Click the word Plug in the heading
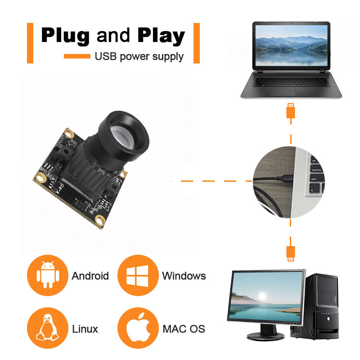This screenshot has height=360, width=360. [x=66, y=36]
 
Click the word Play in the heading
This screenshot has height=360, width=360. [x=161, y=36]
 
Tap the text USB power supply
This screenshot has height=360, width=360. [x=139, y=57]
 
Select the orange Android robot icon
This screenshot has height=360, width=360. [x=47, y=275]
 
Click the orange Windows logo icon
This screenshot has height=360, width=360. [x=137, y=275]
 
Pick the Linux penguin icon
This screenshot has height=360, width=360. [x=47, y=328]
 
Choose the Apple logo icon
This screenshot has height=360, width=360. [x=137, y=328]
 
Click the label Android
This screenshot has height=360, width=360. [x=90, y=276]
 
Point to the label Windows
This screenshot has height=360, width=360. [x=184, y=276]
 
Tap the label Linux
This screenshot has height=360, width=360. [x=85, y=329]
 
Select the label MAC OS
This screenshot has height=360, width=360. [x=184, y=329]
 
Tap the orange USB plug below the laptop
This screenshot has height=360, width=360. [x=291, y=110]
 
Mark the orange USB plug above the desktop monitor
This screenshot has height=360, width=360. [x=291, y=253]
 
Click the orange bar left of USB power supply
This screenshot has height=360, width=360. [x=77, y=56]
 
